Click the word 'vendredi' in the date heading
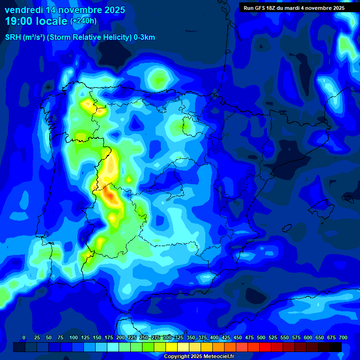pyautogui.click(x=23, y=9)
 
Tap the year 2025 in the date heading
pyautogui.click(x=112, y=9)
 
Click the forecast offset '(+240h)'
pyautogui.click(x=83, y=21)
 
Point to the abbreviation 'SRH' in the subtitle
pyautogui.click(x=13, y=37)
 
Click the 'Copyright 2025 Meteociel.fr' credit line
pyautogui.click(x=199, y=356)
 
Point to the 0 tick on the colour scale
pyautogui.click(x=24, y=338)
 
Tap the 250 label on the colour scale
pyautogui.click(x=144, y=338)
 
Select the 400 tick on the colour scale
pyautogui.click(x=214, y=338)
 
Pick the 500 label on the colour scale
pyautogui.click(x=261, y=338)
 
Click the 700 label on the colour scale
pyautogui.click(x=343, y=338)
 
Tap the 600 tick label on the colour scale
pyautogui.click(x=308, y=338)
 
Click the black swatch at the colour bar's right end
pyautogui.click(x=336, y=347)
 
